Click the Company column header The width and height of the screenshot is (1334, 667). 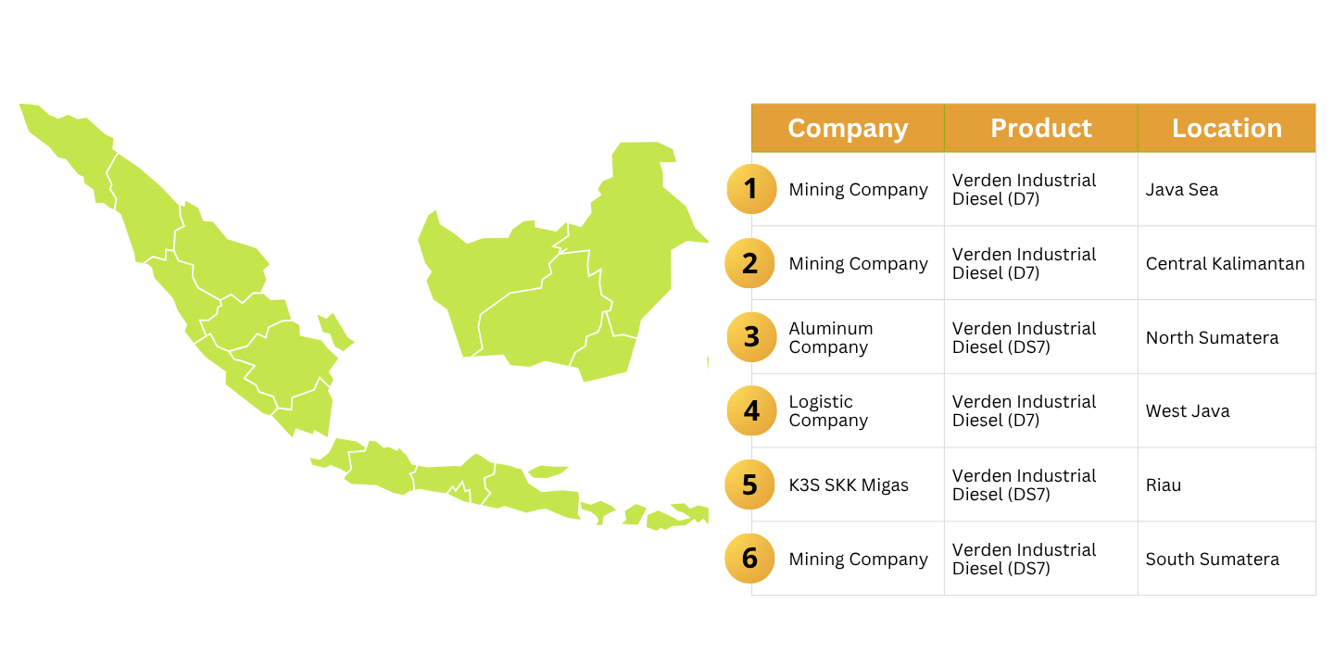[848, 128]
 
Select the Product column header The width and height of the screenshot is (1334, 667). [1041, 128]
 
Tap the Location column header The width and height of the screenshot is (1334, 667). [1227, 128]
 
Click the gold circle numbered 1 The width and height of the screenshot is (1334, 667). [751, 189]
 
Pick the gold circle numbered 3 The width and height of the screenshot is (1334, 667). [751, 337]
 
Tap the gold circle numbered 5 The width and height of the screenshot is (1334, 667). [749, 485]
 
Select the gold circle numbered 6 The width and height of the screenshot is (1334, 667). [749, 558]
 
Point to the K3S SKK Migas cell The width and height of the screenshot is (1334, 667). [849, 485]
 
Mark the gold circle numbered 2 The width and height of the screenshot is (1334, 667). [749, 263]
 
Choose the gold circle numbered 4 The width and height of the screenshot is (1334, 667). [751, 410]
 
